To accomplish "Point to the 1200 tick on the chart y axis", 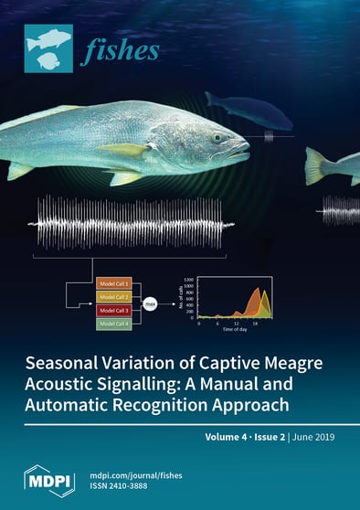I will tap(188, 278).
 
